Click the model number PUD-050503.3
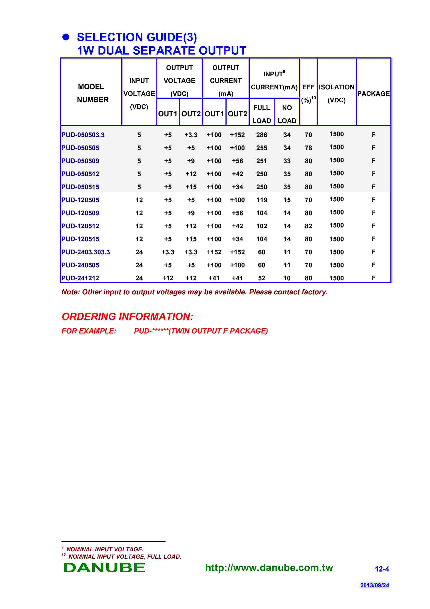[83, 135]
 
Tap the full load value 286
[262, 135]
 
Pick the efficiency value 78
[308, 148]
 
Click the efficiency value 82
[308, 226]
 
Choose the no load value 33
[287, 161]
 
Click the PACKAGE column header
[373, 94]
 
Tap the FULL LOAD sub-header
[262, 114]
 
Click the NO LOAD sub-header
[287, 114]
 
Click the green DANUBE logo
[104, 568]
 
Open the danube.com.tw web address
[269, 568]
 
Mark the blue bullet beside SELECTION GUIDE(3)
[66, 37]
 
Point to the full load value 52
[262, 278]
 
